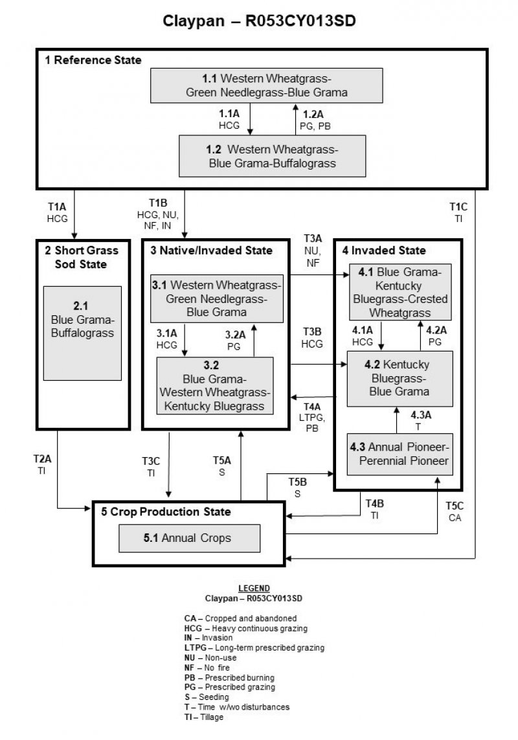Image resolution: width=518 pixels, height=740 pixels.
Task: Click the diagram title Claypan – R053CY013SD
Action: (258, 21)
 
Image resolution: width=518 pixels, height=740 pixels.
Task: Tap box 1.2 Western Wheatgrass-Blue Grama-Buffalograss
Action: (272, 155)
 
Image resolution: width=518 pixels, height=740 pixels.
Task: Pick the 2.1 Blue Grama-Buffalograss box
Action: (82, 333)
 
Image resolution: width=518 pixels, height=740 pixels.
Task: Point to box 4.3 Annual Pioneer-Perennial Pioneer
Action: (400, 454)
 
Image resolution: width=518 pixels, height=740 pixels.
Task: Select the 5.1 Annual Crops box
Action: (188, 538)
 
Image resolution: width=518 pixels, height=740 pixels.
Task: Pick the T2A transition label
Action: (42, 465)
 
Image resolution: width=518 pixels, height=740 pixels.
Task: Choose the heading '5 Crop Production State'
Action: (166, 511)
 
